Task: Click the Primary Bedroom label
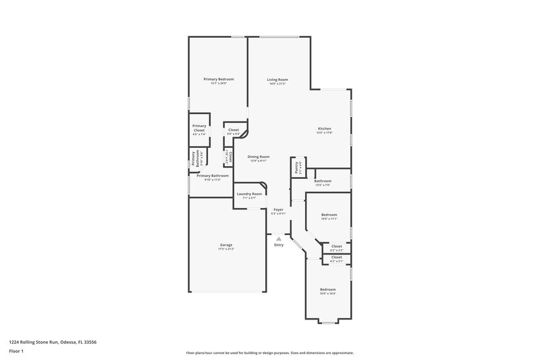coord(218,79)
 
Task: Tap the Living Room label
coord(277,80)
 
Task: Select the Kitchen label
coord(325,129)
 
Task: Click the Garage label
coord(225,245)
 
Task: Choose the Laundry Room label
coord(249,194)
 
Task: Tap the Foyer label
coord(278,210)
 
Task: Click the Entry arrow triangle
coord(278,238)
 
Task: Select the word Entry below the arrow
coord(279,245)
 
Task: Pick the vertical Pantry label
coord(297,167)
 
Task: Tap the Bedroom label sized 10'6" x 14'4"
coord(328,289)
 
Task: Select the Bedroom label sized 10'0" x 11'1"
coord(329,215)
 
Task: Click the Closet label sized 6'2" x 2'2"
coord(336,246)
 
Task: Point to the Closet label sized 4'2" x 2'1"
coord(336,257)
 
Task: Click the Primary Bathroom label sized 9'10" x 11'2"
coord(212,176)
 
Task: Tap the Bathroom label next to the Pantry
coord(323,180)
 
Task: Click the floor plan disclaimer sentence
coord(269,353)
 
